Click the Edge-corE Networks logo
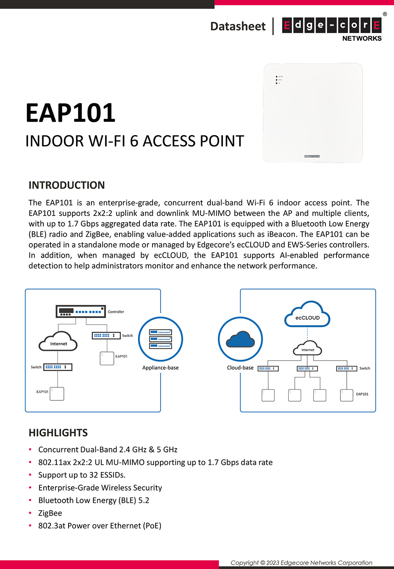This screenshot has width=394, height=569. (x=332, y=28)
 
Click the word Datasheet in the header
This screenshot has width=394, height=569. (x=238, y=26)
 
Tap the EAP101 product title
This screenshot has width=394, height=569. (x=71, y=113)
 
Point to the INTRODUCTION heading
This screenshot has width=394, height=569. (x=67, y=185)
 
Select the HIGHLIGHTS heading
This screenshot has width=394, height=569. (x=58, y=433)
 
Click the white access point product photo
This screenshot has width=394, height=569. (x=312, y=113)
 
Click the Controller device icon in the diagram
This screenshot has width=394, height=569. (x=80, y=311)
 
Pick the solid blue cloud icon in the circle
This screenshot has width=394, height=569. (x=240, y=339)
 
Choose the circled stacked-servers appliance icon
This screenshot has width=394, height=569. (x=160, y=339)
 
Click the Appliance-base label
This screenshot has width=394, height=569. (x=160, y=368)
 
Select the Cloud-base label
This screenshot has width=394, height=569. (x=240, y=368)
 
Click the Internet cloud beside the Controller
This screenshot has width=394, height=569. (x=58, y=342)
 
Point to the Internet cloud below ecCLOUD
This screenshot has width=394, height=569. (x=308, y=349)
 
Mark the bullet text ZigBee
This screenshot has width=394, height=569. (x=50, y=513)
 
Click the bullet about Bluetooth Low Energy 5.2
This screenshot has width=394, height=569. (x=94, y=500)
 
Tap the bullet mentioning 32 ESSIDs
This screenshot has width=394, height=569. (x=82, y=475)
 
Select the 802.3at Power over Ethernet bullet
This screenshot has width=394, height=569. (x=100, y=526)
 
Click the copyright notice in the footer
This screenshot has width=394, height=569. (x=301, y=563)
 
